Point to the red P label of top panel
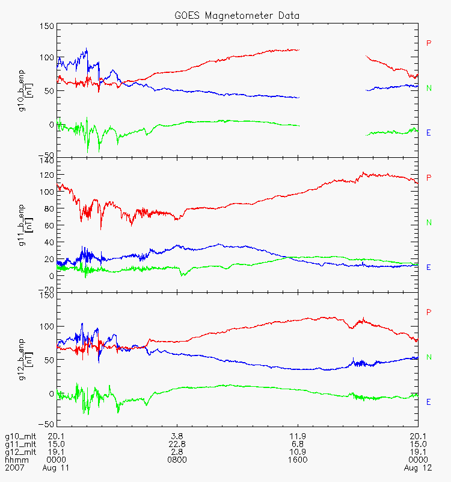point(429,43)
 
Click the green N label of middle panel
point(429,223)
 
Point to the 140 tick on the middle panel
point(47,160)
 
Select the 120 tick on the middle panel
point(47,175)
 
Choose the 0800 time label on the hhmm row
point(177,460)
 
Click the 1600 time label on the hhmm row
point(298,460)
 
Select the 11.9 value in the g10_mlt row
point(298,436)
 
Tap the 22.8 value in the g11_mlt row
point(177,444)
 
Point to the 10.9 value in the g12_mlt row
point(298,452)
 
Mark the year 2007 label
point(14,468)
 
